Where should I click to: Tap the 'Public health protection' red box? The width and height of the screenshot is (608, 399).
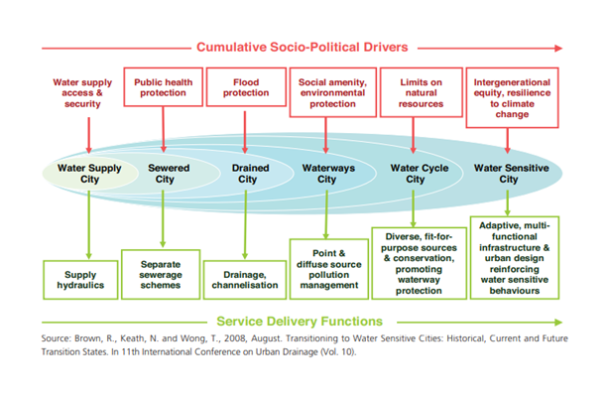point(163,83)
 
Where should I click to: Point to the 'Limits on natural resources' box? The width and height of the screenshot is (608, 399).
point(412,89)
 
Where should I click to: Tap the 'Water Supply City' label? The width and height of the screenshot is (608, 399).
point(89,174)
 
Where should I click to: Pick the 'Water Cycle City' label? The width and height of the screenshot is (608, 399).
point(413,174)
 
